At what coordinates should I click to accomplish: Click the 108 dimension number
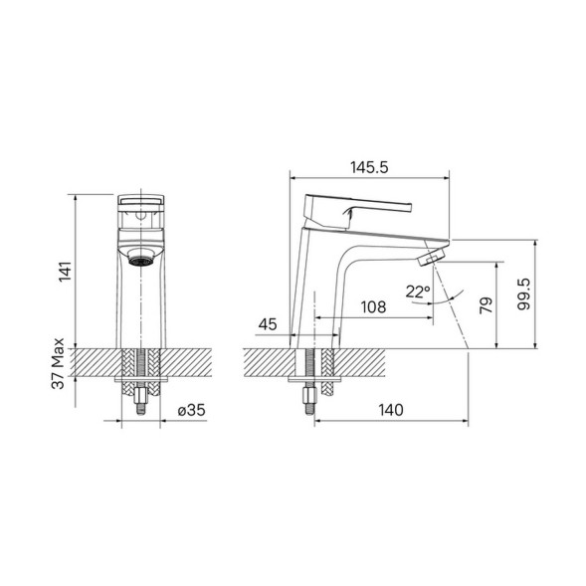tap(372, 307)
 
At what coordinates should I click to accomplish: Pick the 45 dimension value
tap(268, 324)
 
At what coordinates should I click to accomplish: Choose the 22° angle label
tap(418, 292)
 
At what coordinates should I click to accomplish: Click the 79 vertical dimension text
tap(487, 304)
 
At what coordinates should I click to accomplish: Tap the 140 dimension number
tap(389, 409)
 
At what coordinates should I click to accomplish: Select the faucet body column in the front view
tap(140, 308)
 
